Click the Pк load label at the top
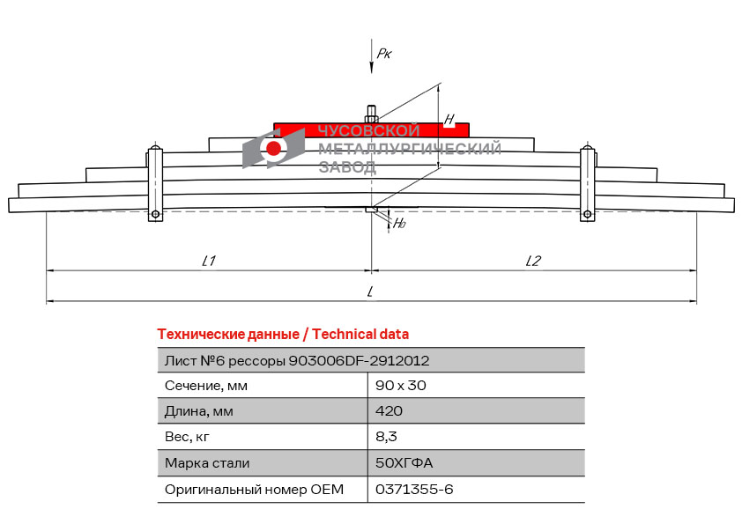point(384,54)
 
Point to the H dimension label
point(449,119)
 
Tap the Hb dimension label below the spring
point(399,223)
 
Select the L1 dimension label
point(209,261)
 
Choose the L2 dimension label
point(533,261)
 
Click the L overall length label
point(370,292)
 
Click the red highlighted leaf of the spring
point(372,130)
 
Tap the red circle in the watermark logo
point(273,148)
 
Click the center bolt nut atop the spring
point(372,114)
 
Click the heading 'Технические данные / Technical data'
point(283,335)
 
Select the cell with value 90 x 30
point(401,386)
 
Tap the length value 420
point(389,411)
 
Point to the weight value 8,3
point(386,437)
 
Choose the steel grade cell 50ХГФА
point(404,462)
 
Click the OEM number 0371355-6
point(414,489)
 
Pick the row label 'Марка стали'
point(207,462)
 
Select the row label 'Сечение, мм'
point(206,386)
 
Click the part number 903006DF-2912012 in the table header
point(360,361)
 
